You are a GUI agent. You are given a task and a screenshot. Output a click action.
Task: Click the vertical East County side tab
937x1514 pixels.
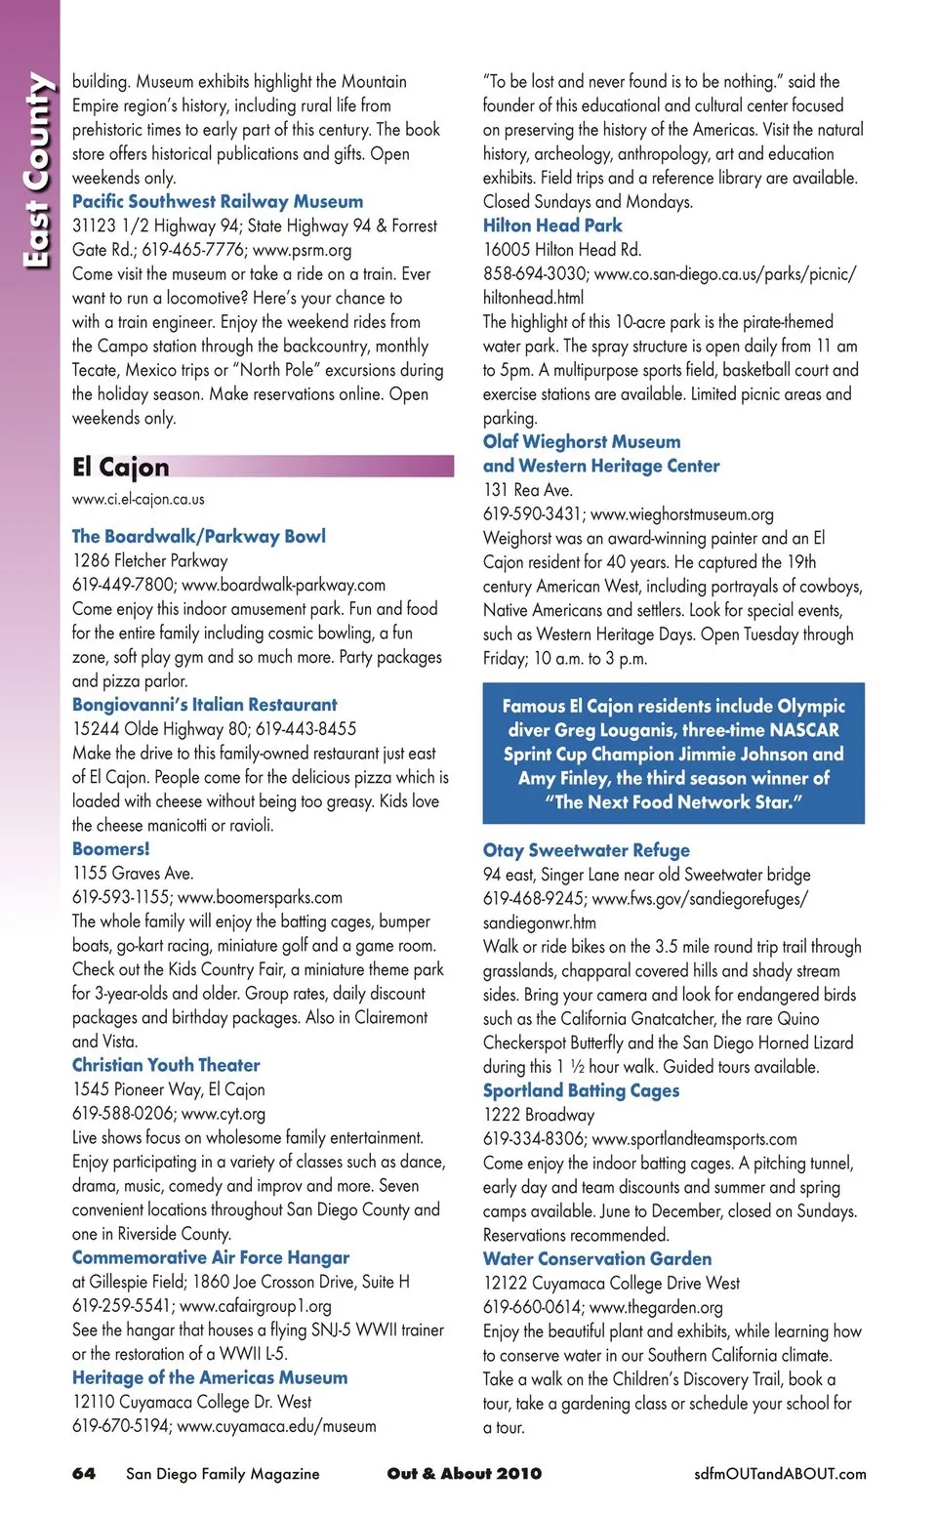[36, 171]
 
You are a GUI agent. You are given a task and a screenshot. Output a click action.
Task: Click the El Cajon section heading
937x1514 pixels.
[121, 467]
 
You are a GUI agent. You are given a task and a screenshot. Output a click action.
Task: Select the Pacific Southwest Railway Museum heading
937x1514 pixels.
[218, 201]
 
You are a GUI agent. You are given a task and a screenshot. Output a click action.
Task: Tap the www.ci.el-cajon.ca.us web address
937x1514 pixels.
[139, 499]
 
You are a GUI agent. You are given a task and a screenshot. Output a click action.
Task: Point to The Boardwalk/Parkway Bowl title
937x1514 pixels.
[199, 536]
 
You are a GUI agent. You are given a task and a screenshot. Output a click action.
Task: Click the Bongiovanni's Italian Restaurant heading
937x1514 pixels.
[205, 704]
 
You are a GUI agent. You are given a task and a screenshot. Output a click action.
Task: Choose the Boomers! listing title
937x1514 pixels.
[111, 848]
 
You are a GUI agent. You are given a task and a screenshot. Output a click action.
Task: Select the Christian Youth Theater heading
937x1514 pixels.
[166, 1065]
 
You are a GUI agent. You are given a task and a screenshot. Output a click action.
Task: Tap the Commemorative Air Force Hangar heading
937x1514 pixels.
[211, 1257]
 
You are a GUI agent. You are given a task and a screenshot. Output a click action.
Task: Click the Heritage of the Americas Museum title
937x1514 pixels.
[210, 1377]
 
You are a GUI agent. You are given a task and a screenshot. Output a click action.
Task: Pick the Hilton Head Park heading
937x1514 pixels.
[552, 225]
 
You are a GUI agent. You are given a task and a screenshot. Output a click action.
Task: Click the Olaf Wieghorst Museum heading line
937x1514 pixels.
[582, 441]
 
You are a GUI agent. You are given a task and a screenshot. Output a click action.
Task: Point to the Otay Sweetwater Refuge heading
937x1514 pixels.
[587, 850]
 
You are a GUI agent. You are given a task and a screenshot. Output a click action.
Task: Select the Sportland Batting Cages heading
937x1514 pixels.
[581, 1090]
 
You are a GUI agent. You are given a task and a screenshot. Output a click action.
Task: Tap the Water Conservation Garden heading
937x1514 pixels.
[597, 1258]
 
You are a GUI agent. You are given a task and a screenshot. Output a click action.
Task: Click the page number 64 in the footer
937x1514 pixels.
[84, 1473]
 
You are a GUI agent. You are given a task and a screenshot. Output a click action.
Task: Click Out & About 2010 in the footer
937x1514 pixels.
[465, 1473]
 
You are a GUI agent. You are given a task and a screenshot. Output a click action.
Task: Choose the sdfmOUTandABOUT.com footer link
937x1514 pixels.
[780, 1473]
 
